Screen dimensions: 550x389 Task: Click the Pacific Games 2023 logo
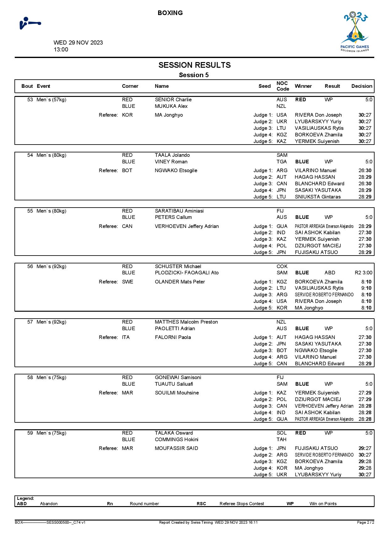355,32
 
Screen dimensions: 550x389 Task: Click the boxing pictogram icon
30,23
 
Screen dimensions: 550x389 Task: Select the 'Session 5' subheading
194,75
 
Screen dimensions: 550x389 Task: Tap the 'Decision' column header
362,86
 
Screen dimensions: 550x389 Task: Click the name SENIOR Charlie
173,100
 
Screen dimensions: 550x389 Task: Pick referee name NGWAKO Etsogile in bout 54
176,171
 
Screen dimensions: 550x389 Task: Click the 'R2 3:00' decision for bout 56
363,273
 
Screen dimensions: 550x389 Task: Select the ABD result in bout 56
330,273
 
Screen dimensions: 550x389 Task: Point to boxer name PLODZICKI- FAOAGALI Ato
187,273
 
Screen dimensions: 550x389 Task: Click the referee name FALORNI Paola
173,337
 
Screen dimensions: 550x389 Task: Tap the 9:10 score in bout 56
366,288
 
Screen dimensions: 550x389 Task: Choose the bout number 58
30,378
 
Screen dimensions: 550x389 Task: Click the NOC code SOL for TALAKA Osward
281,433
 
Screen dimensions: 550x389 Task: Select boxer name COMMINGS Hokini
177,440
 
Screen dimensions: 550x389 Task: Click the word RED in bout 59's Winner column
301,433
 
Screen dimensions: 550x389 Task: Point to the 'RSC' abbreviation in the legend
201,504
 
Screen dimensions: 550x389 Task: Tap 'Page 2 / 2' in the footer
365,522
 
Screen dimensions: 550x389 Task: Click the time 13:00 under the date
61,50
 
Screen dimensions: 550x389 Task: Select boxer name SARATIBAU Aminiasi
179,211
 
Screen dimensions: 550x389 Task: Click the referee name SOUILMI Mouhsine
177,393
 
